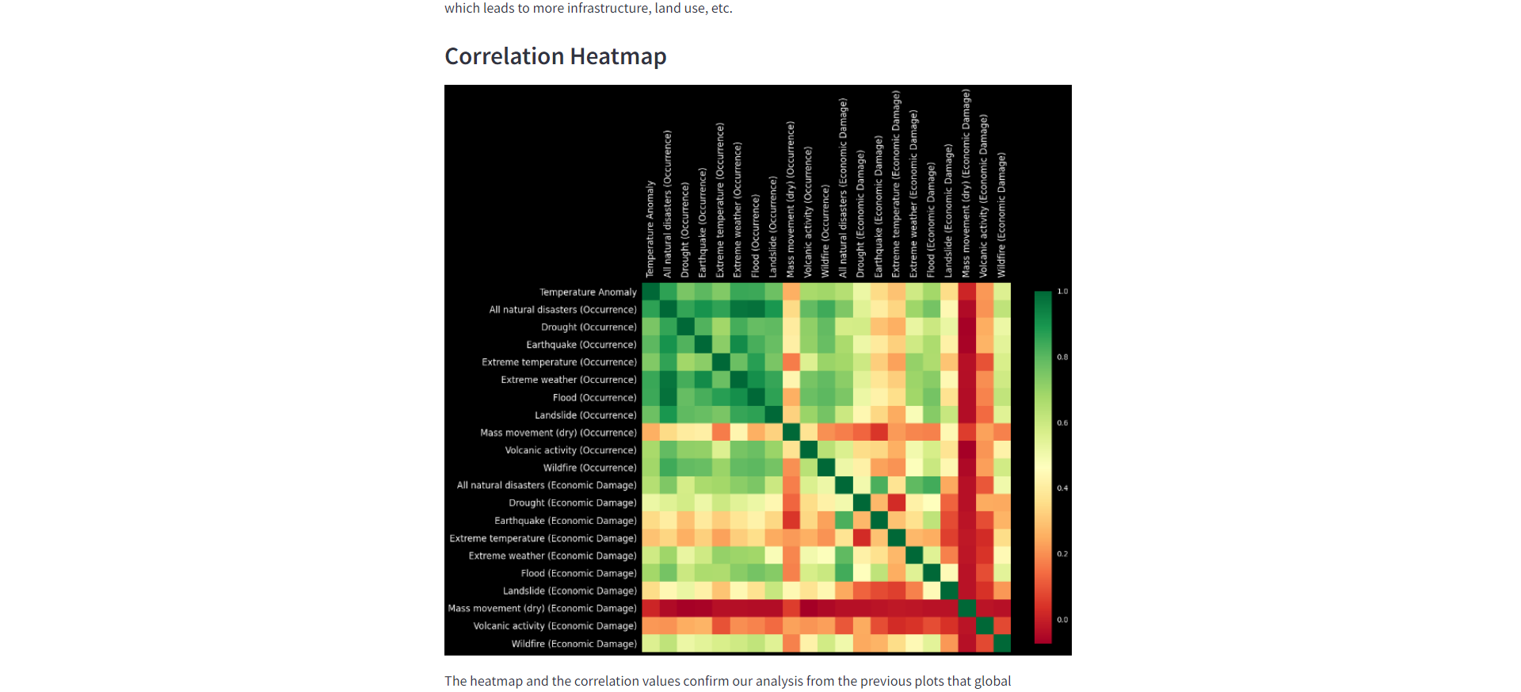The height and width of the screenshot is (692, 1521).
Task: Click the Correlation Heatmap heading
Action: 555,56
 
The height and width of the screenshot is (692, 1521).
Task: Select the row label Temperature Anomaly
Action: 588,292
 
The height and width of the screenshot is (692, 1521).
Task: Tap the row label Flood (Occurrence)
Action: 594,398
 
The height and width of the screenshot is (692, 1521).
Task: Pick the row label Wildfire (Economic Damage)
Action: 574,644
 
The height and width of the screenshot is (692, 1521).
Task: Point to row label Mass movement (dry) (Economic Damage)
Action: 542,609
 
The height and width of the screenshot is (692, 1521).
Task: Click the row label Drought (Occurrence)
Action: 589,327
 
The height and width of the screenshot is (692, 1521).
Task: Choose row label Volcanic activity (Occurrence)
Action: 570,450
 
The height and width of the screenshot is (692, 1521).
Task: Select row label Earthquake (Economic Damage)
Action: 565,521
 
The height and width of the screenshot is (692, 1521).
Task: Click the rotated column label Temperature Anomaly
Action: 650,229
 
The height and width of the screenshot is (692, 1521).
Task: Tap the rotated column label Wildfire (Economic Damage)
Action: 1002,215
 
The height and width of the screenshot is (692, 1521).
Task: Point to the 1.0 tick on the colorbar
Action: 1062,292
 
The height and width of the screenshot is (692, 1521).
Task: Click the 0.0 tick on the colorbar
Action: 1062,620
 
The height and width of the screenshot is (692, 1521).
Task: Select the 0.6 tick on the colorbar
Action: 1062,423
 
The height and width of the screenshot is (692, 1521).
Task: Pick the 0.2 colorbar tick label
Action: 1062,554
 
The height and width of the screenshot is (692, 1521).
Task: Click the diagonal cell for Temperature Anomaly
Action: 650,292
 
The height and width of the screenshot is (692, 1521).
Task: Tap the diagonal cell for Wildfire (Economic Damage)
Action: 1002,644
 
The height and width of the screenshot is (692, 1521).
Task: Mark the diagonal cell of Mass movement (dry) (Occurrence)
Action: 791,433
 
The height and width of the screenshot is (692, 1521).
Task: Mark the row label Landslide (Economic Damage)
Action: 570,591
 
